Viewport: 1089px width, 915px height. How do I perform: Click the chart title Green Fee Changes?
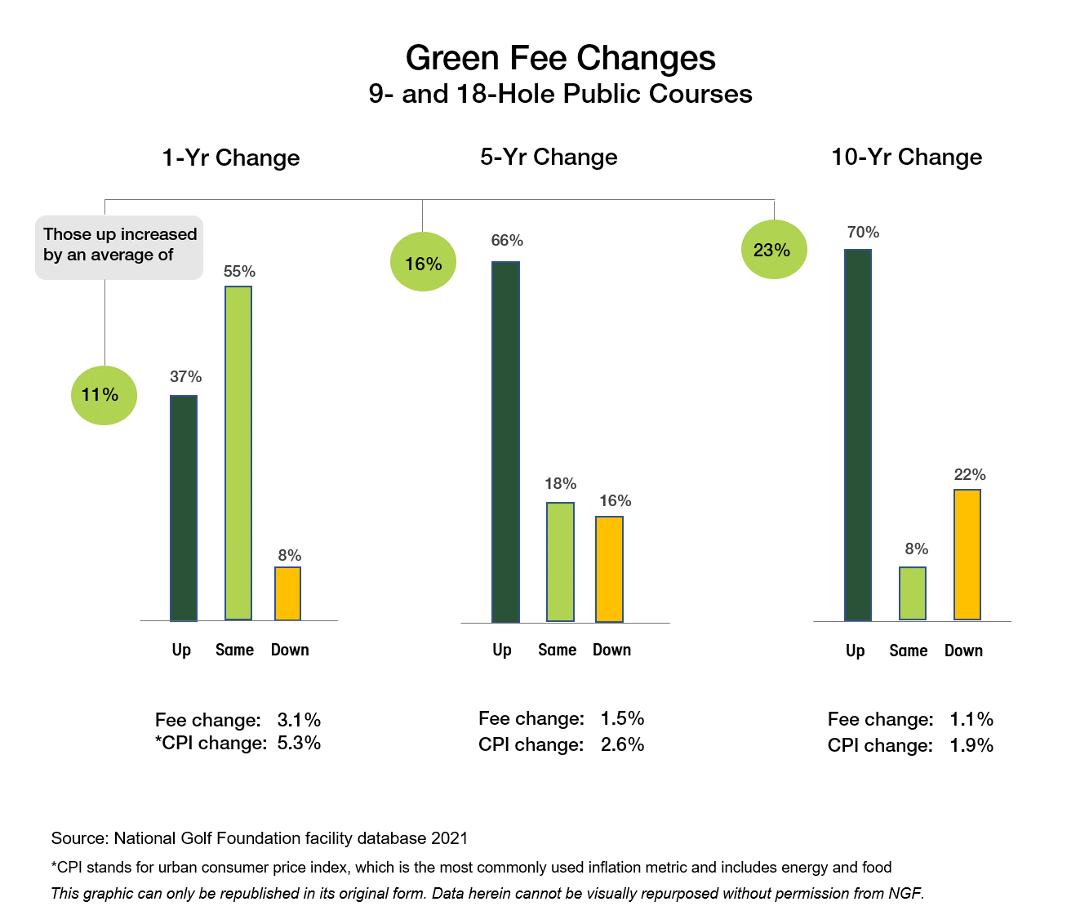pos(560,59)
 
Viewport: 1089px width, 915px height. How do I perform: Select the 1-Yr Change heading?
pos(230,158)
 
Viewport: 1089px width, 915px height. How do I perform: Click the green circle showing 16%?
pos(423,262)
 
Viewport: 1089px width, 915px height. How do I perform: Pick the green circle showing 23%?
pos(773,250)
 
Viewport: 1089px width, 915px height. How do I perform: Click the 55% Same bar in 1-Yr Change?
pos(238,453)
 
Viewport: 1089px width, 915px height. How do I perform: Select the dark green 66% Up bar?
pos(505,442)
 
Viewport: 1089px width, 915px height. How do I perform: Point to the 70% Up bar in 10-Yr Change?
pos(857,435)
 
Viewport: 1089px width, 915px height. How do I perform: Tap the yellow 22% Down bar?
pos(967,554)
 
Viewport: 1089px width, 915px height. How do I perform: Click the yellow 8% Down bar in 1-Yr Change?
pos(287,593)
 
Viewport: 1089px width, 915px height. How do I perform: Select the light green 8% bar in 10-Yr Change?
pos(912,593)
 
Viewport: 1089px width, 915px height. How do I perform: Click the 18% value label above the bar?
pos(560,484)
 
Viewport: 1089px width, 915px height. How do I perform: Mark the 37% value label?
pos(185,377)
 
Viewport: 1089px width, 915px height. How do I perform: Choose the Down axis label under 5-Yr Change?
pos(611,650)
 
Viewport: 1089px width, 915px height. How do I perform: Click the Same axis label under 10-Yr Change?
pos(908,651)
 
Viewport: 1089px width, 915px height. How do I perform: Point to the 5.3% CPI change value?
pos(299,743)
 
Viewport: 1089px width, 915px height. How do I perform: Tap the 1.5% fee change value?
pos(622,718)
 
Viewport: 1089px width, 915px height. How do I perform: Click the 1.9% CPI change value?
pos(971,745)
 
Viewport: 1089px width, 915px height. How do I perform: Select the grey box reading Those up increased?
pos(119,247)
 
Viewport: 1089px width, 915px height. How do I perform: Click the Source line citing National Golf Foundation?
pos(260,838)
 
